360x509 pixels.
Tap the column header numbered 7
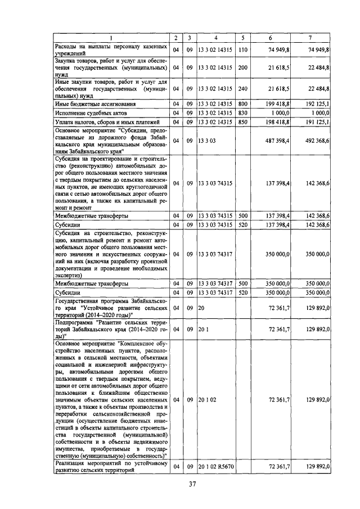pyautogui.click(x=310, y=38)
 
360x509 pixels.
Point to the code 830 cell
pyautogui.click(x=243, y=112)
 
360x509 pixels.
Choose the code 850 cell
pyautogui.click(x=243, y=121)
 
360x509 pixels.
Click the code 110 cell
pyautogui.click(x=243, y=49)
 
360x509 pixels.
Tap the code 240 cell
pyautogui.click(x=243, y=88)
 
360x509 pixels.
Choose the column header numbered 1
pyautogui.click(x=111, y=38)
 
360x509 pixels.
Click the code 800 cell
pyautogui.click(x=243, y=103)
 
